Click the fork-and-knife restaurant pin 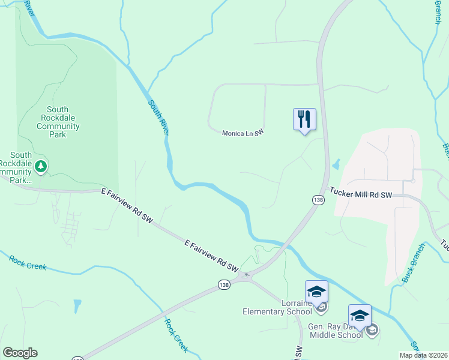[x=304, y=119]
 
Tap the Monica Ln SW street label [x=243, y=133]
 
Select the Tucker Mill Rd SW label [x=360, y=195]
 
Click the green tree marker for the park [x=40, y=166]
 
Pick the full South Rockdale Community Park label [x=58, y=122]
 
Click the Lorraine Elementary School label [x=277, y=308]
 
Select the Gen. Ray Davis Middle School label [x=336, y=331]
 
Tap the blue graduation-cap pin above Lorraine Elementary [x=316, y=292]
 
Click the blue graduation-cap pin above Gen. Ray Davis [x=360, y=316]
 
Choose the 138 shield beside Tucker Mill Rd [x=318, y=199]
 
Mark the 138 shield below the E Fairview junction [x=224, y=284]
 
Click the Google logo [x=20, y=353]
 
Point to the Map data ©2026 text [x=423, y=355]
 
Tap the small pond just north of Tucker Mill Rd [x=336, y=163]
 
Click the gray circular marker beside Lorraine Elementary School [x=322, y=308]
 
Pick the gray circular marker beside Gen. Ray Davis [x=372, y=329]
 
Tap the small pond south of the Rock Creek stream [x=77, y=306]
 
